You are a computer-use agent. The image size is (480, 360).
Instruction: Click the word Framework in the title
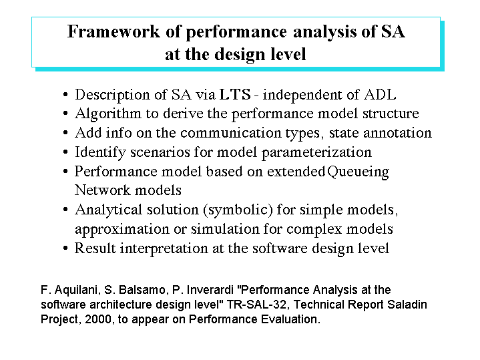click(113, 31)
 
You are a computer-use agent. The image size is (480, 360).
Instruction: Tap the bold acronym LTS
click(235, 95)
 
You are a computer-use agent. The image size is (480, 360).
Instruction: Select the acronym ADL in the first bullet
click(380, 95)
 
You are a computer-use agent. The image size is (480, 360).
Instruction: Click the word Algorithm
click(108, 115)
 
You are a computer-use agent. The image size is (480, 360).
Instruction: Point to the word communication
click(231, 133)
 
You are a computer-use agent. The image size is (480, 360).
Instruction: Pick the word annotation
click(397, 134)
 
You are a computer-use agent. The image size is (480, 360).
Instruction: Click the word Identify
click(100, 153)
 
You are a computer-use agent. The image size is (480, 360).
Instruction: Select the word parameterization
click(316, 153)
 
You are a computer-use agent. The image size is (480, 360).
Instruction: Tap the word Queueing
click(358, 172)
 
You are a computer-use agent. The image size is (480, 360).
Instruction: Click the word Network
click(103, 190)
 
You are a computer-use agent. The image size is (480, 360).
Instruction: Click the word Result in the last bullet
click(95, 248)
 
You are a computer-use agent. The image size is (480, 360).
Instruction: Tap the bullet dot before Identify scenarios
click(65, 152)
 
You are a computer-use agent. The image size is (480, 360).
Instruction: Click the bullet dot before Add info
click(65, 133)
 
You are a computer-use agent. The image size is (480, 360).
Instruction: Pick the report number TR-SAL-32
click(256, 305)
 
